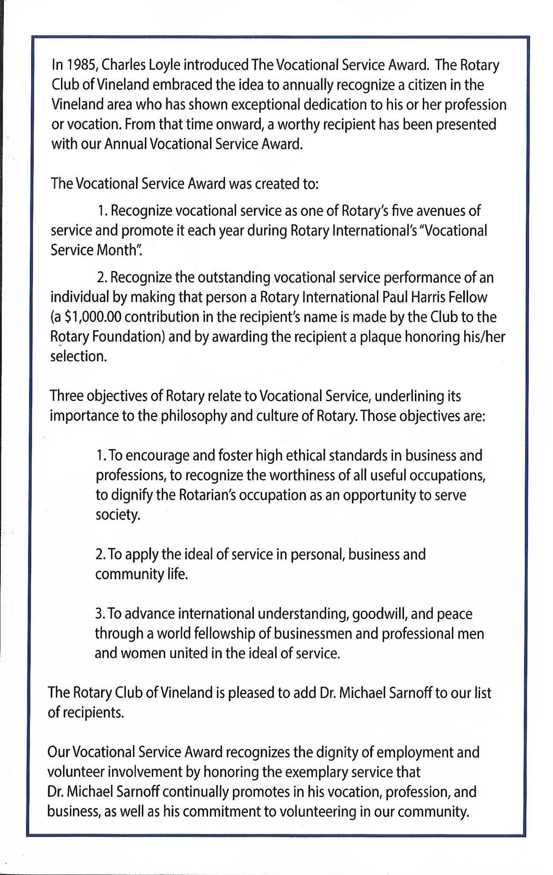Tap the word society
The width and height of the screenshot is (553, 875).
tap(117, 515)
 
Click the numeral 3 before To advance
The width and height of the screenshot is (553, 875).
tap(99, 614)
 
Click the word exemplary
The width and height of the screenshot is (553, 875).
tap(330, 772)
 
